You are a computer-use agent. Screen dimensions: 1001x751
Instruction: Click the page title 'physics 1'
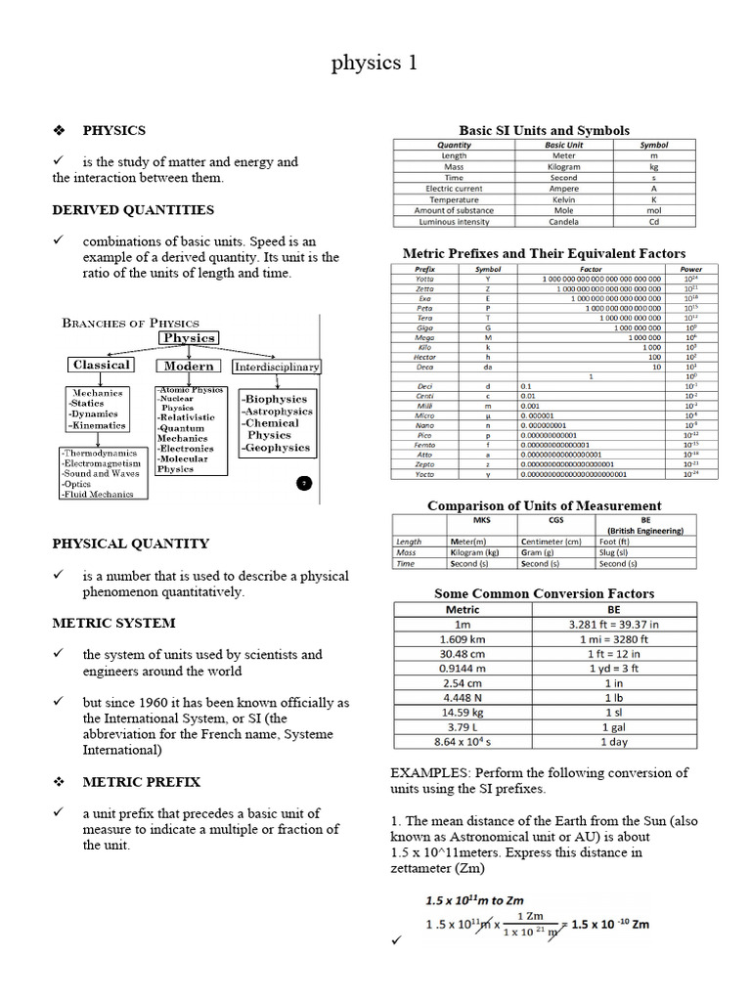(375, 64)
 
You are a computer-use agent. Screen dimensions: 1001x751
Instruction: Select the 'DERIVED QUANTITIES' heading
(132, 210)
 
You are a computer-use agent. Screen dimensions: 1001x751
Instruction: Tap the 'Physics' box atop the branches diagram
(190, 338)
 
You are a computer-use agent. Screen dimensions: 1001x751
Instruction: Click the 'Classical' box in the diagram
(101, 365)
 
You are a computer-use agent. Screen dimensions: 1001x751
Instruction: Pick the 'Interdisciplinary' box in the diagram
(277, 367)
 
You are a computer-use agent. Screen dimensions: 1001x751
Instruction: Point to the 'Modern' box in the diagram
(189, 366)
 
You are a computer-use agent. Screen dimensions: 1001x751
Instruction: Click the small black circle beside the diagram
(303, 483)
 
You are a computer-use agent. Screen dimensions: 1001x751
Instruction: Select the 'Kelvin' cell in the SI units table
(563, 199)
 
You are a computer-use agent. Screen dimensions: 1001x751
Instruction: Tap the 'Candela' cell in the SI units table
(563, 222)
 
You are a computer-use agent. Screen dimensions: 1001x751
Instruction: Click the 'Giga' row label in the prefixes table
(424, 327)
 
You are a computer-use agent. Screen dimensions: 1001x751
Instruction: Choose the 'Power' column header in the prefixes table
(690, 269)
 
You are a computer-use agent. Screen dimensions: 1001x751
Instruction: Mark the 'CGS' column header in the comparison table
(555, 520)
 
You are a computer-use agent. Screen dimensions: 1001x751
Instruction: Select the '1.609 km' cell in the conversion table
(463, 639)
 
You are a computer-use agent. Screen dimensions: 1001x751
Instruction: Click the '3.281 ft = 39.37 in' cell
(613, 625)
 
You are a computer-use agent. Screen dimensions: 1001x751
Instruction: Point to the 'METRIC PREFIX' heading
(141, 782)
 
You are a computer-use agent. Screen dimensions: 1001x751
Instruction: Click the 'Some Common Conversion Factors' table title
(544, 593)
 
